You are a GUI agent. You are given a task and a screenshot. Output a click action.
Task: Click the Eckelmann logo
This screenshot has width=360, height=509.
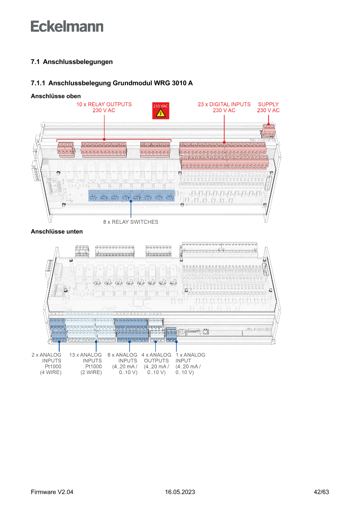[67, 26]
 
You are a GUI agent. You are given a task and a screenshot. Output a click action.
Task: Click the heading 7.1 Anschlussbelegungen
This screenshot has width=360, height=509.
[71, 62]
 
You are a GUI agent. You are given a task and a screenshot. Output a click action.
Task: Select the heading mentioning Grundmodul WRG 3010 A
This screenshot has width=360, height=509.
[111, 83]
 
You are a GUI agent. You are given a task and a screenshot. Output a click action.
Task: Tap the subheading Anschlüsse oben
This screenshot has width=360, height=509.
[56, 96]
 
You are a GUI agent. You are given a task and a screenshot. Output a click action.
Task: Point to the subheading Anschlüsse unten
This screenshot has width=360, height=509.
[57, 232]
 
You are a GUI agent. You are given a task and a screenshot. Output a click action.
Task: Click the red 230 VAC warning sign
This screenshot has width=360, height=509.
[160, 111]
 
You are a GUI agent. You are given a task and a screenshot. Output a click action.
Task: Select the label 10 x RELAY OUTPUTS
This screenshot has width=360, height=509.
[104, 107]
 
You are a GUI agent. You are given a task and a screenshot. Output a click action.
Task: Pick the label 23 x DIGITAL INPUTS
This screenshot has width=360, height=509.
[224, 107]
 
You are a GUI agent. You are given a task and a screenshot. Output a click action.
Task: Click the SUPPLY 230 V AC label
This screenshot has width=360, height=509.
[268, 107]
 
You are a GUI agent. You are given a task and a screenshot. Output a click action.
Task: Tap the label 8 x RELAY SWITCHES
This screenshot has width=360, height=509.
[131, 222]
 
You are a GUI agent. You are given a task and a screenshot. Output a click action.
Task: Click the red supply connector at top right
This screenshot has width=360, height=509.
[269, 130]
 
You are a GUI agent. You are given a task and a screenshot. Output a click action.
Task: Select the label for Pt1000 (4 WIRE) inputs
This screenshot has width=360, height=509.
[47, 364]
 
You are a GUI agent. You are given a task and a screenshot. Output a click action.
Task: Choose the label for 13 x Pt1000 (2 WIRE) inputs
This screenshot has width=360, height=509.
[85, 364]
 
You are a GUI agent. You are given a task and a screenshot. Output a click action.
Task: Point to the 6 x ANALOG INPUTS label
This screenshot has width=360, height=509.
[122, 364]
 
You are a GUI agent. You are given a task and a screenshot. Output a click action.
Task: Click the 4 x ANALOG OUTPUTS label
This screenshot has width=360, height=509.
[156, 364]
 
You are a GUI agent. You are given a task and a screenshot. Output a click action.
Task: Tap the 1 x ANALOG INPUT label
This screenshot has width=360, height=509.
[190, 364]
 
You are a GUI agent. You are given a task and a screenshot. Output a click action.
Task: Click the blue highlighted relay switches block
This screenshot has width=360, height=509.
[131, 196]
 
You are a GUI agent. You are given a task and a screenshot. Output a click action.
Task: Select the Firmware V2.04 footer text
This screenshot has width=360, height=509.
[52, 492]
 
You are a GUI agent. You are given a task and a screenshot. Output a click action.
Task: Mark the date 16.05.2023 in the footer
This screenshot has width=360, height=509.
[180, 492]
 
